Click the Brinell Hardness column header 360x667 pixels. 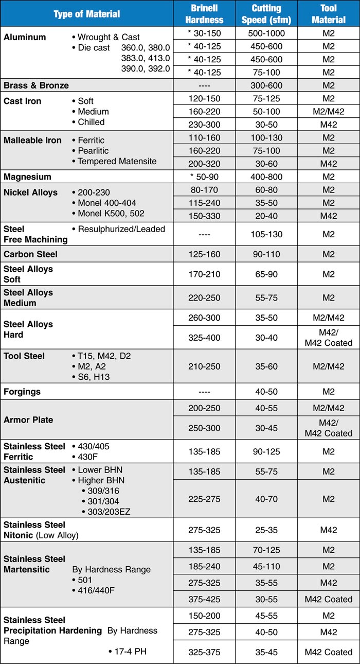coord(204,14)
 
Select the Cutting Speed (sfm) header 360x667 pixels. coord(266,14)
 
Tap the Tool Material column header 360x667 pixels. coord(329,14)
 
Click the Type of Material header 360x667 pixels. coord(87,14)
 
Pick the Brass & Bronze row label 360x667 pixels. coord(36,85)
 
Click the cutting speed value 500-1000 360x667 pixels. coord(266,33)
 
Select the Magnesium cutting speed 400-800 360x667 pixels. coord(266,177)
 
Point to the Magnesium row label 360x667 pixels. coord(27,177)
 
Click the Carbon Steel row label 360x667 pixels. coord(30,254)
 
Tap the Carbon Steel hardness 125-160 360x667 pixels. coord(204,254)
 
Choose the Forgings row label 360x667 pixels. coord(22,392)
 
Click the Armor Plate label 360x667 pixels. coord(28,419)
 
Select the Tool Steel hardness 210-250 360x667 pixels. coord(204,366)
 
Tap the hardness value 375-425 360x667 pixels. coord(204,599)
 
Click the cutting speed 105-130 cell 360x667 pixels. coord(266,234)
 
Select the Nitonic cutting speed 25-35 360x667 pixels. coord(266,530)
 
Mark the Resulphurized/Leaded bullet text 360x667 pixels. coord(121,229)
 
